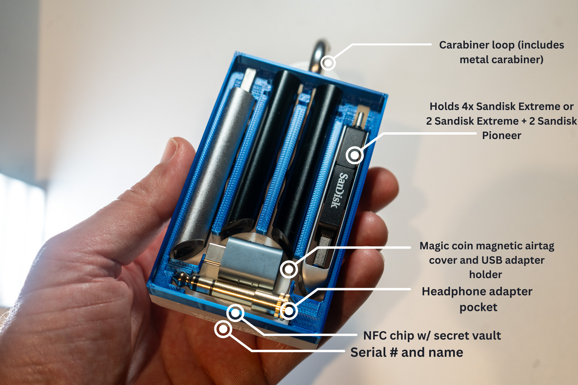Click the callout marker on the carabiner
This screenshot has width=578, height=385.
click(x=328, y=62)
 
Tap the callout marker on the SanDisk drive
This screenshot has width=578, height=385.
click(x=355, y=155)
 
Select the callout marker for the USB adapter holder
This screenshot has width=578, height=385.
click(x=289, y=269)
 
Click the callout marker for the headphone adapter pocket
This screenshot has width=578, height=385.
click(x=289, y=311)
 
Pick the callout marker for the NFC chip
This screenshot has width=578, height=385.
click(x=235, y=313)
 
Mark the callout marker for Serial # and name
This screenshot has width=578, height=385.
click(x=223, y=329)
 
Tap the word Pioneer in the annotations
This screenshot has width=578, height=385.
click(x=501, y=136)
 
